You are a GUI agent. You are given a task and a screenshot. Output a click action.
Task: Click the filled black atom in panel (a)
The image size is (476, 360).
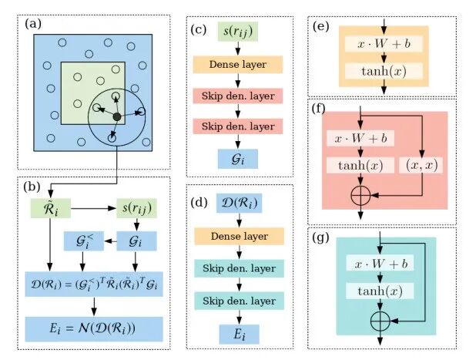click(x=116, y=116)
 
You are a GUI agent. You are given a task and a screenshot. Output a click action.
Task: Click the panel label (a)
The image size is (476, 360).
click(x=33, y=25)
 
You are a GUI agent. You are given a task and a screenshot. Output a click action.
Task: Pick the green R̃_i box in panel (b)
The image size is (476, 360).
click(x=49, y=208)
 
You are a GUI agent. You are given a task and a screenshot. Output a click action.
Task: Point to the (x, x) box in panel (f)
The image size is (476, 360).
click(x=421, y=165)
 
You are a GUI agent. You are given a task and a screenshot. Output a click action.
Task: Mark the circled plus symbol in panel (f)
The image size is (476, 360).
click(x=360, y=195)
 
